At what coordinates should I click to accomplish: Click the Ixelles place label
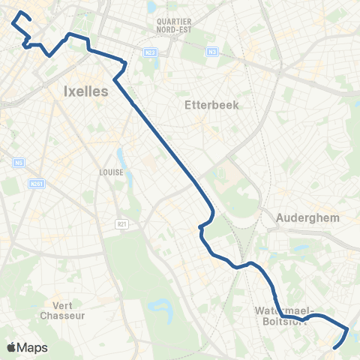tap(81, 91)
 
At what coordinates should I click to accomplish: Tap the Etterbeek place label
tap(211, 105)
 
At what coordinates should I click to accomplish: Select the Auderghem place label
tap(307, 218)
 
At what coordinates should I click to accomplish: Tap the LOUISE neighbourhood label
tap(110, 171)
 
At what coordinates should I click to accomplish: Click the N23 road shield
tap(148, 52)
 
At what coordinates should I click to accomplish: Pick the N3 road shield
tap(213, 52)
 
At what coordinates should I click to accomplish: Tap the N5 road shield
tap(17, 163)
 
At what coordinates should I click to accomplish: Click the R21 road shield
tap(122, 223)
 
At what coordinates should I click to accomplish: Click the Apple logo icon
tap(12, 347)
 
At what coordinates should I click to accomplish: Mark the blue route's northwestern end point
tap(19, 13)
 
